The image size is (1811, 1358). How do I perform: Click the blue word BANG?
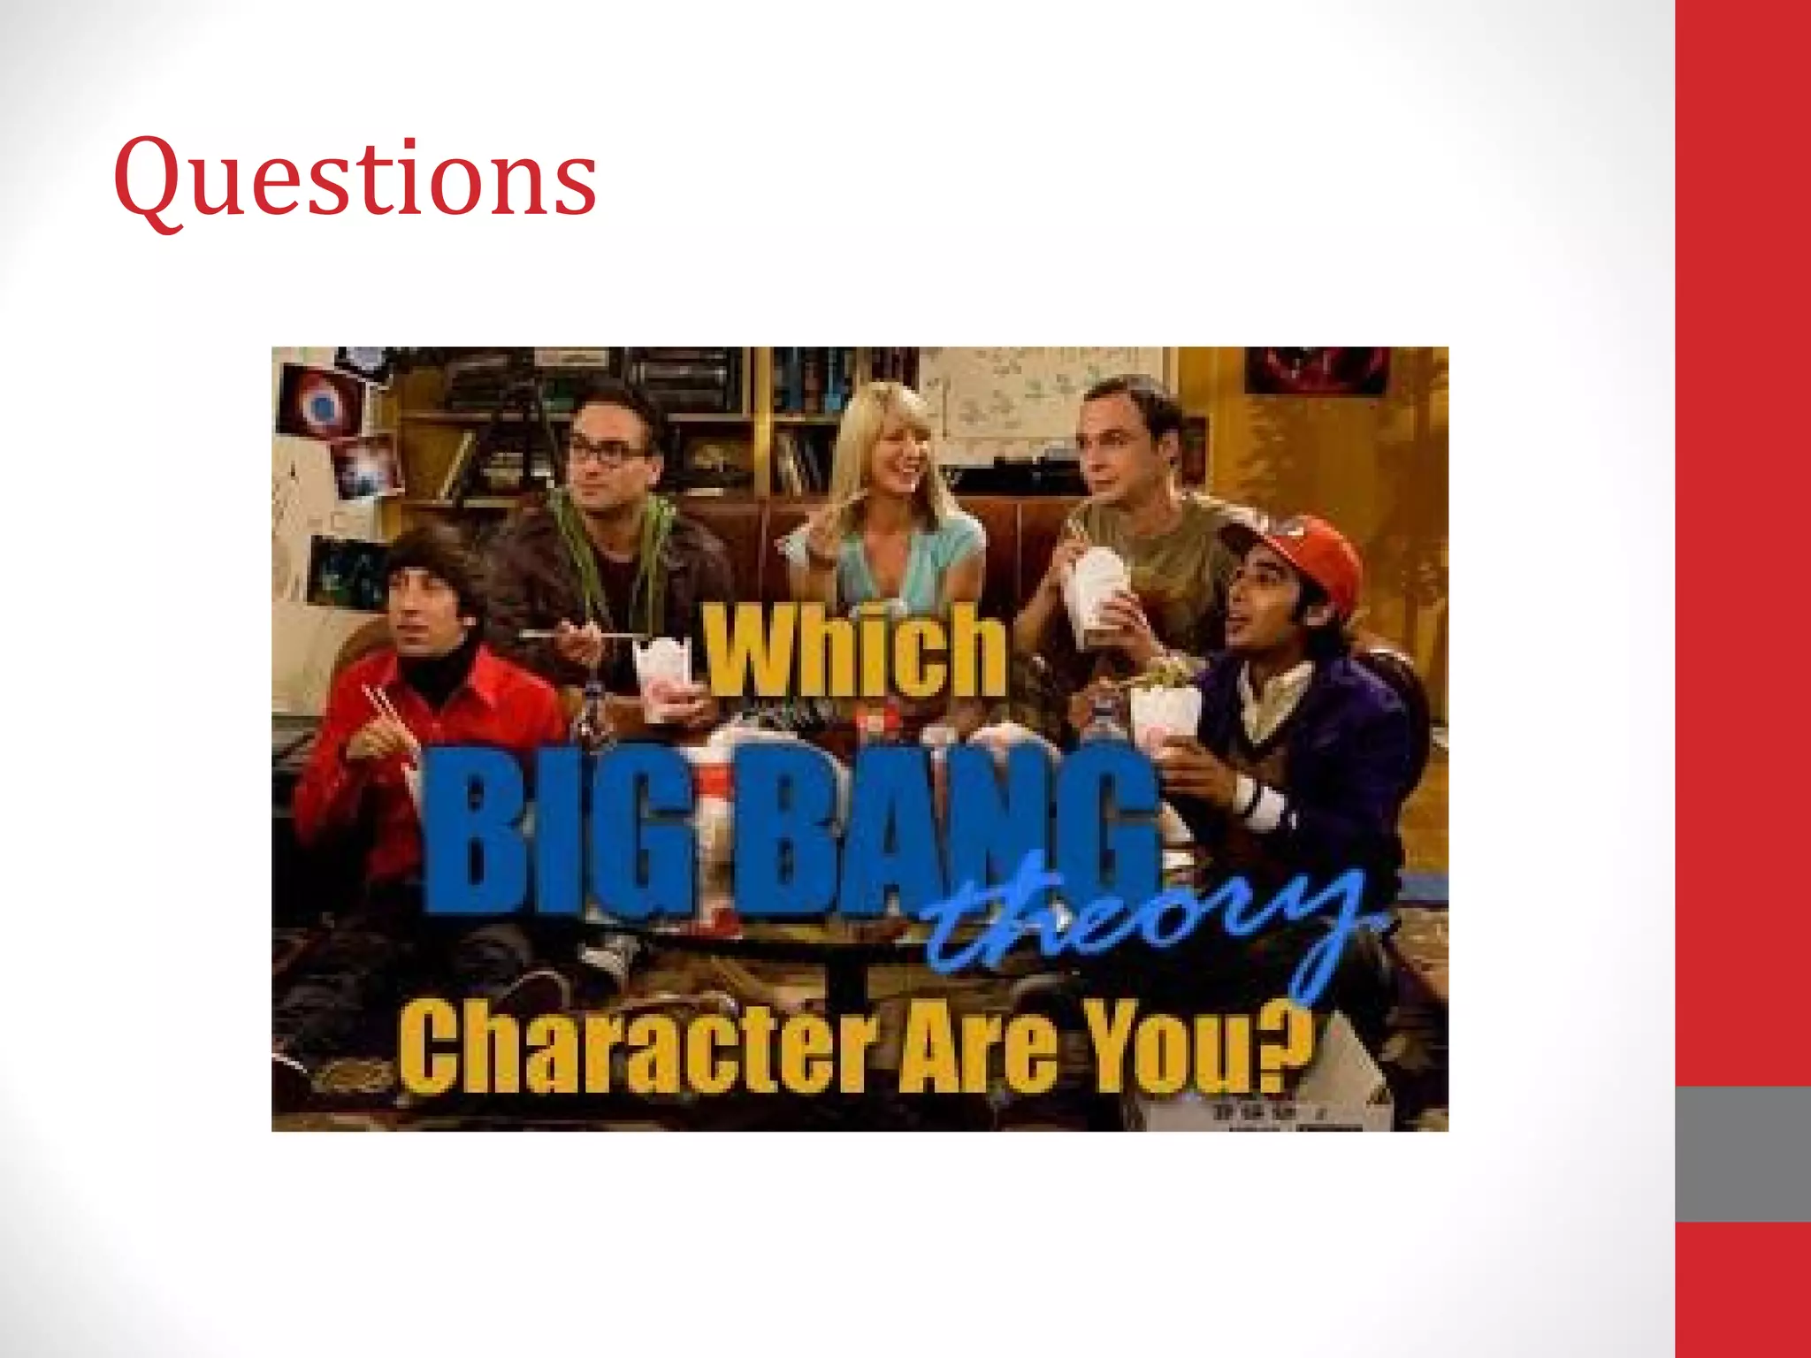(937, 831)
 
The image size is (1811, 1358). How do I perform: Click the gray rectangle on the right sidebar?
(1742, 1154)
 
